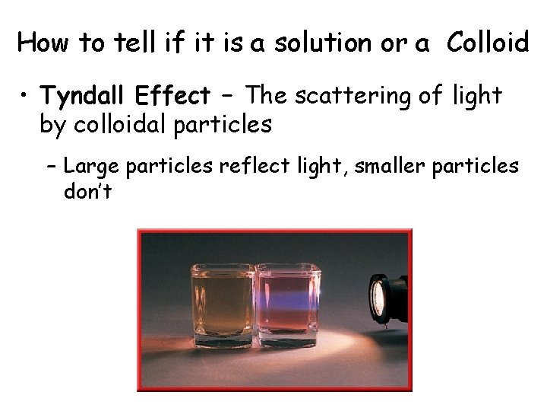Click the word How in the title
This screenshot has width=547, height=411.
click(x=42, y=43)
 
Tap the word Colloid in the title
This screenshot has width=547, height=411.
click(x=488, y=43)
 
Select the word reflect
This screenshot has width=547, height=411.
click(x=252, y=165)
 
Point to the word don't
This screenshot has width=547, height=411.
click(x=87, y=191)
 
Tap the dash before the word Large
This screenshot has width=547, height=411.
click(x=54, y=166)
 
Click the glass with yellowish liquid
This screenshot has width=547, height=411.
click(x=223, y=304)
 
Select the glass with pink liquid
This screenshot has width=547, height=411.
click(x=287, y=304)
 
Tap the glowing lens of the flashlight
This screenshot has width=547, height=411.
click(x=378, y=293)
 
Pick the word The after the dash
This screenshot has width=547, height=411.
click(x=267, y=96)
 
